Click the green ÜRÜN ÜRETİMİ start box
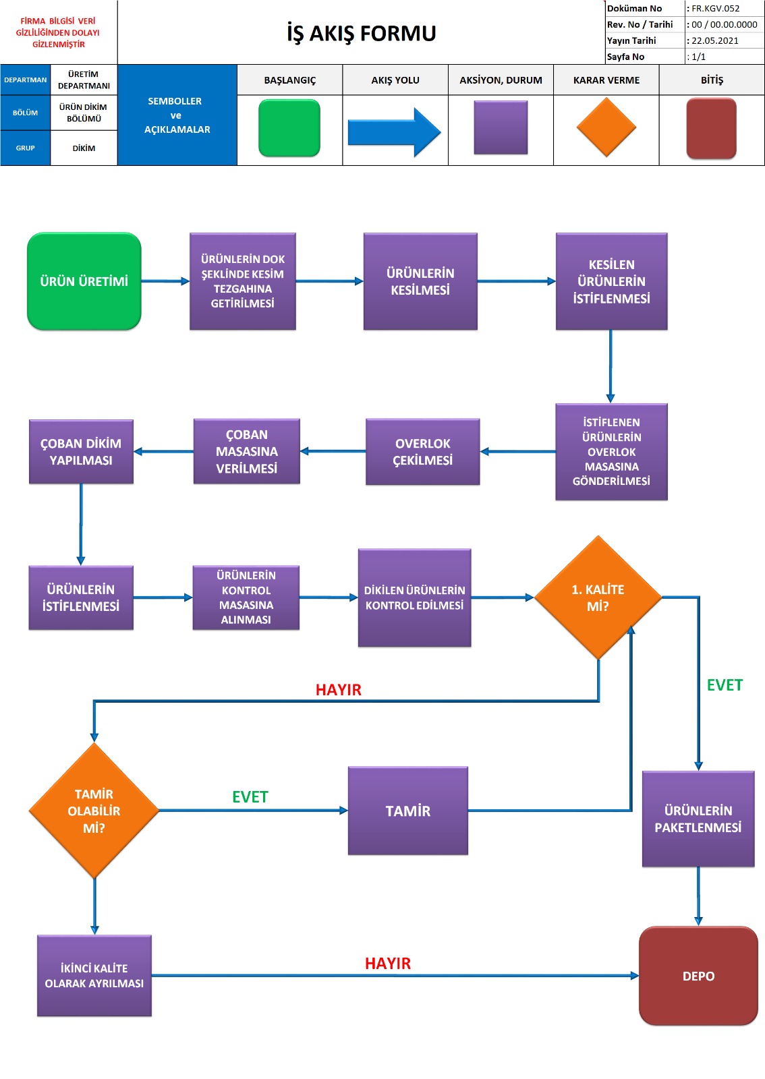tap(84, 281)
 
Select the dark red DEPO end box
tap(698, 976)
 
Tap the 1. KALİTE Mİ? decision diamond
tap(598, 597)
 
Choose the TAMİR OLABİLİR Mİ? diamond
tap(94, 811)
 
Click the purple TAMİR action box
tap(407, 811)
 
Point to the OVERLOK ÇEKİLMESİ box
tap(422, 452)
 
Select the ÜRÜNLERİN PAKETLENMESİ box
tap(698, 819)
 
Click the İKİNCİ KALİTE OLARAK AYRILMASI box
tap(94, 976)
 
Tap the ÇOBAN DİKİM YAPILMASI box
tap(81, 452)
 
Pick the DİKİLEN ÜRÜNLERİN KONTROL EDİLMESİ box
tap(414, 597)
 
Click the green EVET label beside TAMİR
tap(250, 797)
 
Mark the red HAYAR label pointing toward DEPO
tap(388, 963)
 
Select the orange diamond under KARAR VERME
tap(606, 127)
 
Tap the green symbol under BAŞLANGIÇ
tap(289, 128)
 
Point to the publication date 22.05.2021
tap(715, 40)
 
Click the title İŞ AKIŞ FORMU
tap(362, 33)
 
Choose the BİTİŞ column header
tap(712, 80)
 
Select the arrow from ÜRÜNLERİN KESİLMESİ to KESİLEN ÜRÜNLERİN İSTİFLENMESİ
tap(516, 281)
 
